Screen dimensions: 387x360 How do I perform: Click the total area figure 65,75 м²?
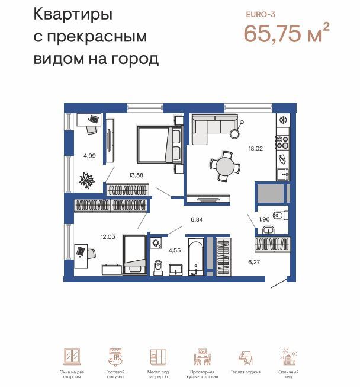[286, 33]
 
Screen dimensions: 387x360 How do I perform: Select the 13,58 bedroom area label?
[136, 175]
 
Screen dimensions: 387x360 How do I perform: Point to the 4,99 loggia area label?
[89, 156]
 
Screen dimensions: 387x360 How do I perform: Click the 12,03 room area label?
[108, 236]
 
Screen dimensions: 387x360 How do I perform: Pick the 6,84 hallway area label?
[197, 219]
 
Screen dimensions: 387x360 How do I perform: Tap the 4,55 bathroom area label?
[175, 250]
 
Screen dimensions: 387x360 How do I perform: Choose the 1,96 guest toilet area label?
[264, 220]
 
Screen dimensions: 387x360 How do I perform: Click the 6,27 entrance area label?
[255, 261]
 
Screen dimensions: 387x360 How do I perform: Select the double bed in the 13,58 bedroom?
[159, 145]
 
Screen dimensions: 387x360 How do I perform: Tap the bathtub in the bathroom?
[195, 257]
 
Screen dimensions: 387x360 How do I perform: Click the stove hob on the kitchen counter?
[282, 142]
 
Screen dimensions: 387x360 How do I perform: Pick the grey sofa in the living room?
[211, 127]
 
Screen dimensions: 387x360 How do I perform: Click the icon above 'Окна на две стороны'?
[72, 357]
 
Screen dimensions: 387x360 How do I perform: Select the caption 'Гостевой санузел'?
[115, 374]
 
